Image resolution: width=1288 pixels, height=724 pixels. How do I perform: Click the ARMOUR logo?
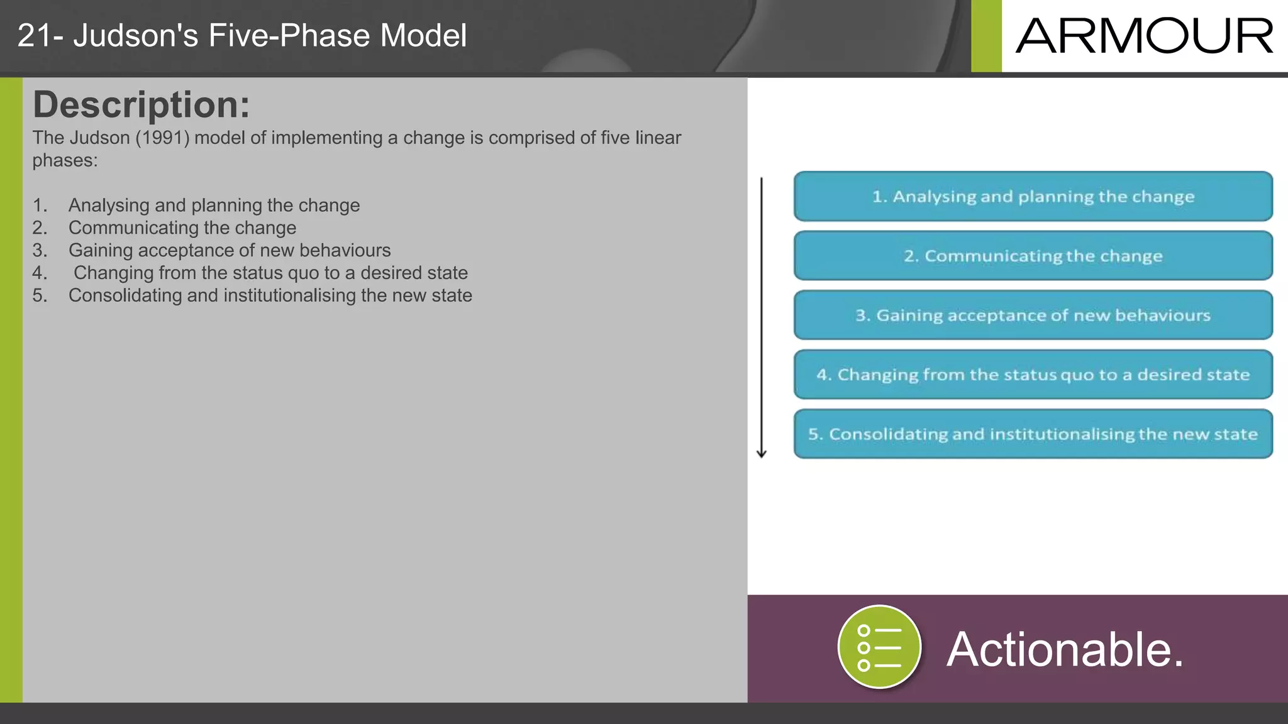coord(1145,36)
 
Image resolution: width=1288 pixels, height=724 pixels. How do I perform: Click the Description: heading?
coord(141,105)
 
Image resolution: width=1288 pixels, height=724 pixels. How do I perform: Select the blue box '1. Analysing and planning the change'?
coord(1033,197)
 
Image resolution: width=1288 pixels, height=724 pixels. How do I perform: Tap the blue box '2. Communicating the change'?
coord(1033,256)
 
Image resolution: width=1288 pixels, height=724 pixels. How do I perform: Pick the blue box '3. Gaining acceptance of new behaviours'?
coord(1033,315)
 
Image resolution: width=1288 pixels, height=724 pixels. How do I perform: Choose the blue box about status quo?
coord(1033,375)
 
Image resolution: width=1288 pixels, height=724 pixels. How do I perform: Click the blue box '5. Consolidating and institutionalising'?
coord(1033,434)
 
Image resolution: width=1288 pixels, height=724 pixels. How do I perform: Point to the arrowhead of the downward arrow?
coord(761,453)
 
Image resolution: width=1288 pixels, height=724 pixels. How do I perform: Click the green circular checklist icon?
coord(879,647)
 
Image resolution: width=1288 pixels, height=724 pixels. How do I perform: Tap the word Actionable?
coord(1065,649)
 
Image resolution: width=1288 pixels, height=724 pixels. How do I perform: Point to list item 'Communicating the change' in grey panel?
coord(182,228)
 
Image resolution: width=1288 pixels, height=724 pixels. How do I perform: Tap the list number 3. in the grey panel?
coord(40,251)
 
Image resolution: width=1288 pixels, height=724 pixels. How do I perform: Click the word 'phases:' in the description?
coord(65,161)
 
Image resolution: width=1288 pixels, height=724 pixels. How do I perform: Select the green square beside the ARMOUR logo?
coord(986,36)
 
